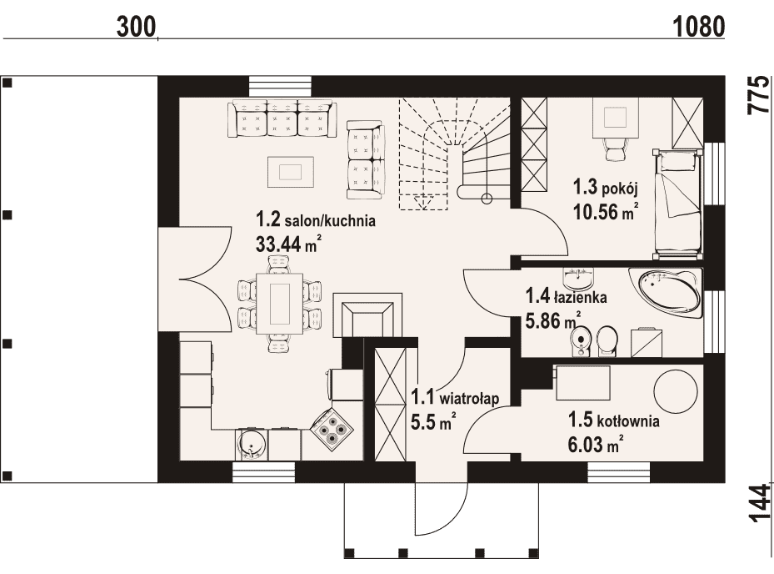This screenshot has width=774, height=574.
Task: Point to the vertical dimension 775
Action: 759,95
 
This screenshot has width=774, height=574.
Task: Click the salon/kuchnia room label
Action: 316,219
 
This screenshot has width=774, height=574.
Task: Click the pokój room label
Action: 606,188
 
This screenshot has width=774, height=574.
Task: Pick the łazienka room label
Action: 567,297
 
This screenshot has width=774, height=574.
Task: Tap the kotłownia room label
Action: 614,420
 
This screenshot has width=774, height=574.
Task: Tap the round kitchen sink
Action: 252,444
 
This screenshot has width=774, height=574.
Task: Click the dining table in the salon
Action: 280,304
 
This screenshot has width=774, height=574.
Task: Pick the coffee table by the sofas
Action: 291,172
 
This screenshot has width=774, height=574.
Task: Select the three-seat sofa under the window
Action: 282,118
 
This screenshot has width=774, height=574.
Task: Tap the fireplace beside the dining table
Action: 367,315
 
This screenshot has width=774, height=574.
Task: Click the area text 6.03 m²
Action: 595,445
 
